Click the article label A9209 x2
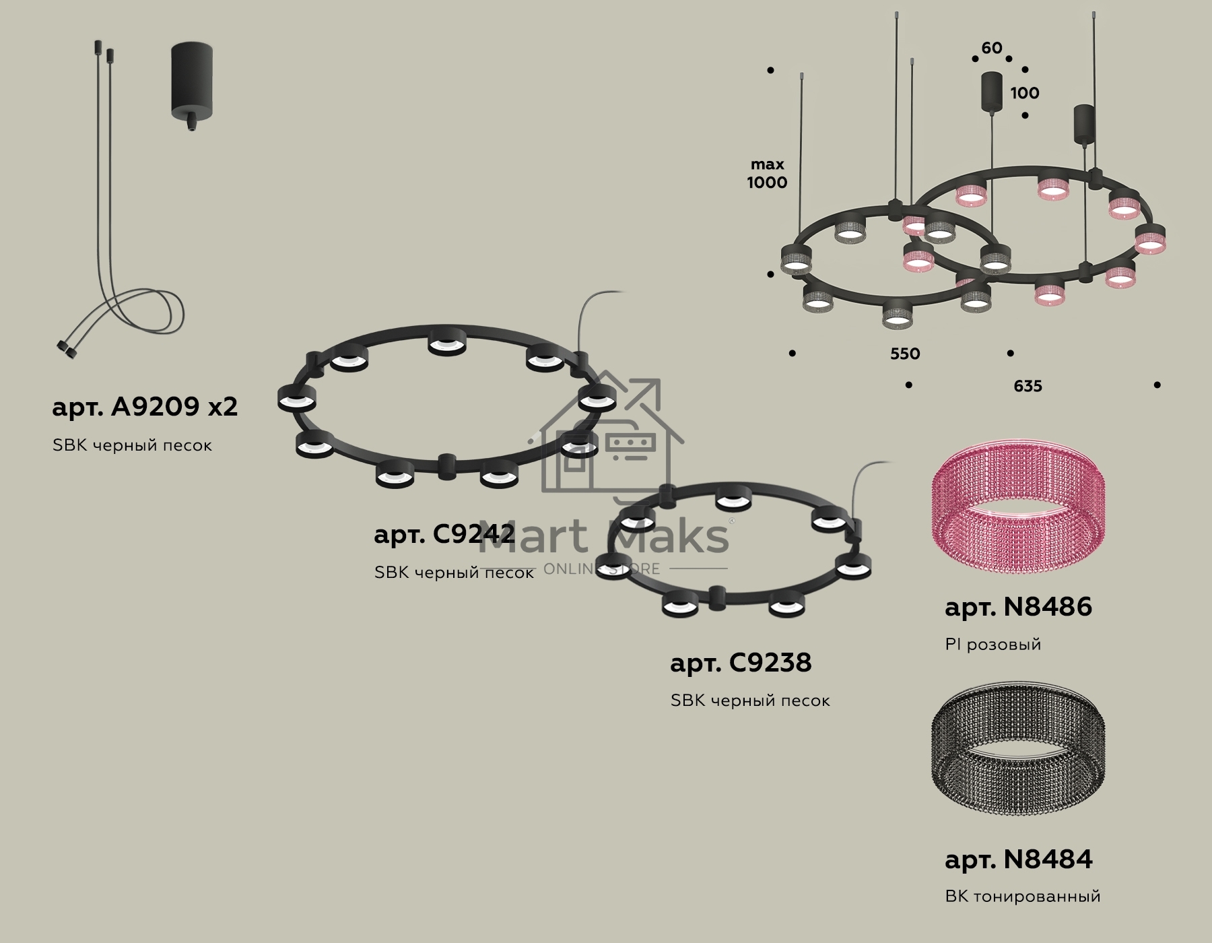pos(145,406)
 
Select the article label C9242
pos(444,533)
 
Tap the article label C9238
pos(741,663)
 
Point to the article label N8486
pos(1018,607)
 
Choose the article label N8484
pos(1018,859)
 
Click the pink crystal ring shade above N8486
pos(1018,507)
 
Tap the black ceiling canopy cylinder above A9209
pos(192,88)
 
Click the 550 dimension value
pos(905,354)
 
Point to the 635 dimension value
pos(1028,386)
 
